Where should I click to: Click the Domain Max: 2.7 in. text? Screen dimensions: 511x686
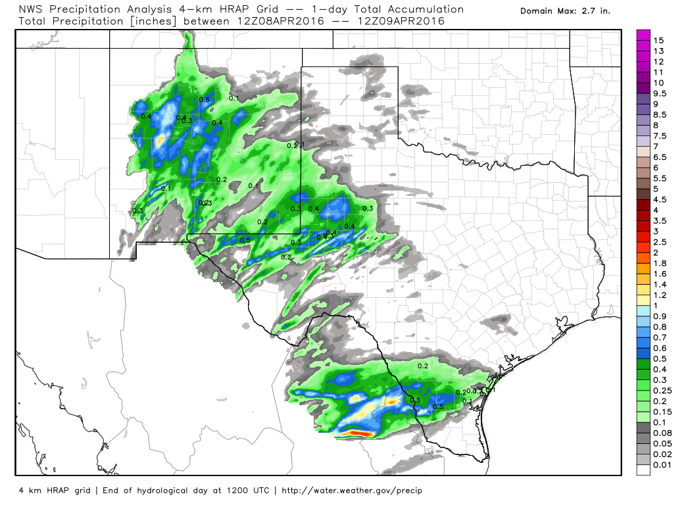click(x=565, y=11)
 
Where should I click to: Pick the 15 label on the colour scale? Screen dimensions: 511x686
click(x=659, y=40)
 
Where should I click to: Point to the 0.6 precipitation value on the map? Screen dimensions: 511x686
click(x=204, y=100)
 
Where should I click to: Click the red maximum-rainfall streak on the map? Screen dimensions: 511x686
click(x=355, y=433)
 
